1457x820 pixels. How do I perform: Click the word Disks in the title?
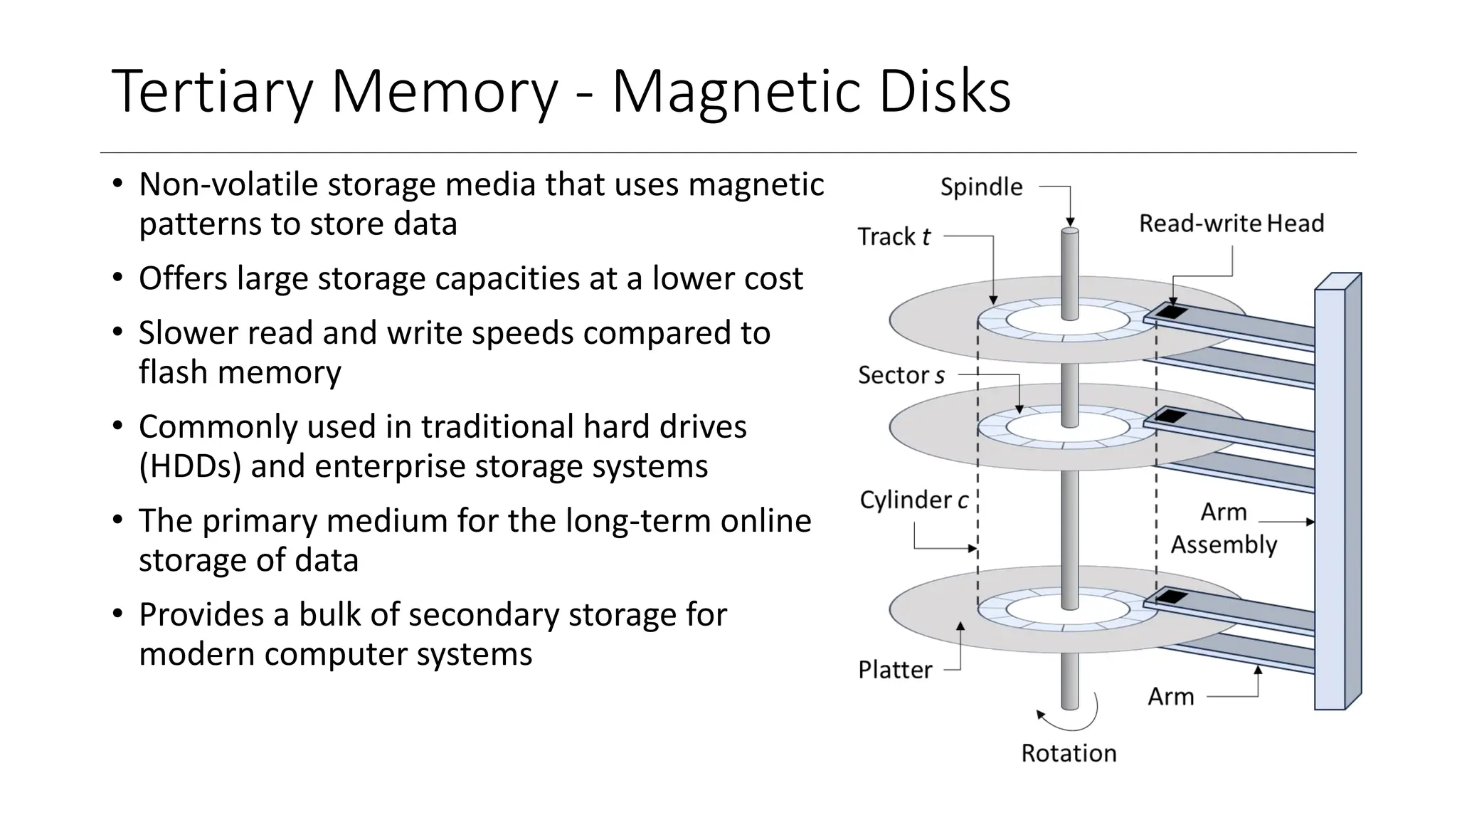tap(944, 91)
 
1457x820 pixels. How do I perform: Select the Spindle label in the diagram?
tap(981, 187)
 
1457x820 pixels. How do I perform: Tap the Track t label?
tap(894, 236)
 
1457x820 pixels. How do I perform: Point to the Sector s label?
tap(901, 375)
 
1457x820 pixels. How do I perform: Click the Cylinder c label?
tap(913, 500)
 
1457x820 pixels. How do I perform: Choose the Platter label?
tap(894, 670)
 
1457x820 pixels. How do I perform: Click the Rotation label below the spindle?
tap(1069, 753)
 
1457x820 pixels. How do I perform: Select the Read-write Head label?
tap(1231, 224)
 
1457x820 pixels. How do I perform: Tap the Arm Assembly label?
tap(1224, 528)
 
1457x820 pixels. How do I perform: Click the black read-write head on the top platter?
tap(1170, 312)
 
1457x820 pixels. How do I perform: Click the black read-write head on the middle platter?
tap(1170, 416)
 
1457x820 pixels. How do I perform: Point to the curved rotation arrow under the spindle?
tap(1074, 720)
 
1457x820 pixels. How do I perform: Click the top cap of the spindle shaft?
tap(1070, 231)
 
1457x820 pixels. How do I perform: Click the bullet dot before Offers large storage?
tap(118, 278)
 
